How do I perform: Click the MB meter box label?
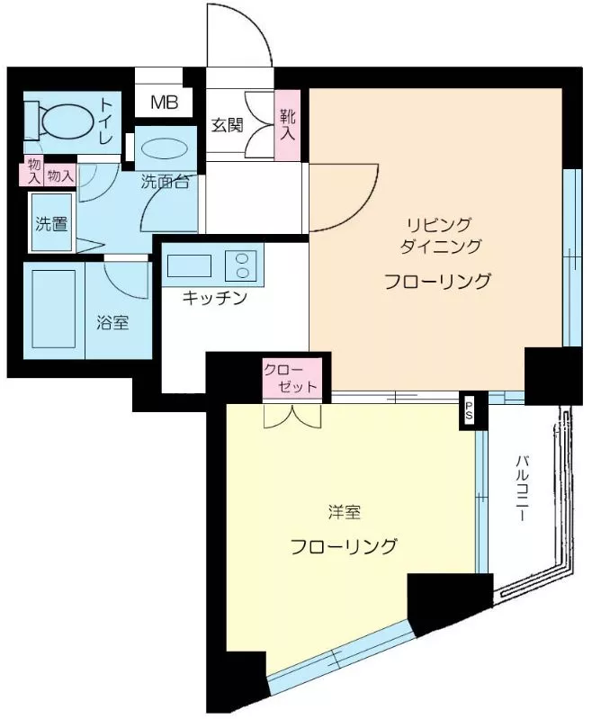tap(164, 103)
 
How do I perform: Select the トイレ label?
tap(106, 121)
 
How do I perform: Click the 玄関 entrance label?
tap(227, 125)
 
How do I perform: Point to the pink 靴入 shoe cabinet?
tap(288, 124)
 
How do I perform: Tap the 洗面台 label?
tap(165, 182)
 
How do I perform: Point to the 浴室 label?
tap(112, 323)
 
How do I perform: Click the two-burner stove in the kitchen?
tap(240, 265)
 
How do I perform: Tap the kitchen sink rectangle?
tap(189, 265)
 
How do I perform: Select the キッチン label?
tap(215, 298)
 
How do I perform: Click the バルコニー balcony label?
tap(522, 488)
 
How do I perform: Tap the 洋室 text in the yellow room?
tap(345, 512)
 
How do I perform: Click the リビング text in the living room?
tap(439, 224)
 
